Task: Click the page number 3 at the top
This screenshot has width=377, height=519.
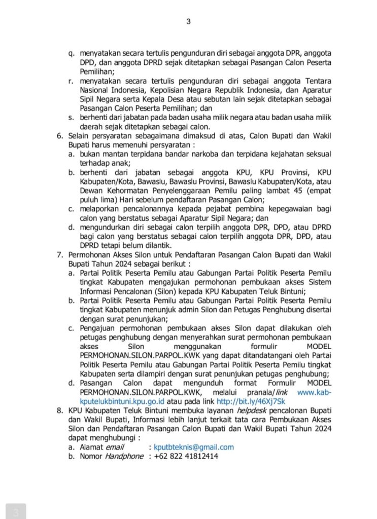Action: (x=188, y=21)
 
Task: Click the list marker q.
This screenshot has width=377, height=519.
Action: (x=71, y=53)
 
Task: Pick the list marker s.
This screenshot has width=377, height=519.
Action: (x=71, y=117)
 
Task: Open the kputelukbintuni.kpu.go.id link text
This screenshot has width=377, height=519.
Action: (x=115, y=401)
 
